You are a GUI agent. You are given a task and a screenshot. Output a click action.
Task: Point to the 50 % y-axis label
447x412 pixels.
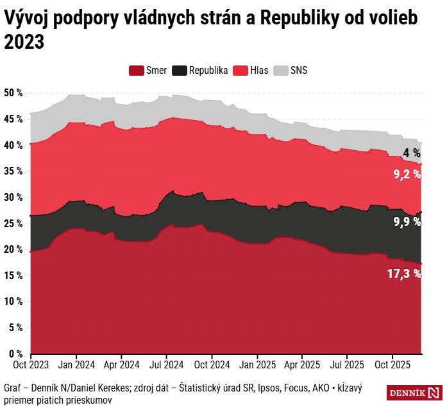(13, 93)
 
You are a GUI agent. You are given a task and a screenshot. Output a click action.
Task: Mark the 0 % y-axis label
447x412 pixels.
(16, 354)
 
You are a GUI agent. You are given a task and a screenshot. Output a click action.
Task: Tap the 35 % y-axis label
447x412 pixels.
(13, 171)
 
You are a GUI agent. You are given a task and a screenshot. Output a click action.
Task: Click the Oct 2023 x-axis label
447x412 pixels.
(31, 365)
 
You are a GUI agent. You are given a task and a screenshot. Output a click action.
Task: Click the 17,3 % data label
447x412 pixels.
(404, 274)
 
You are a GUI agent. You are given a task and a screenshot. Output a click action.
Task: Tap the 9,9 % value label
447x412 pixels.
(407, 222)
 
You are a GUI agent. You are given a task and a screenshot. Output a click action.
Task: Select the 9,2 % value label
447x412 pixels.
(407, 173)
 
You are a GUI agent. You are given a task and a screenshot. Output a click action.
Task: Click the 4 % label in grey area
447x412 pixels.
(412, 153)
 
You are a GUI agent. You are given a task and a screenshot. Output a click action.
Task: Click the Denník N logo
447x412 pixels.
(414, 393)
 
